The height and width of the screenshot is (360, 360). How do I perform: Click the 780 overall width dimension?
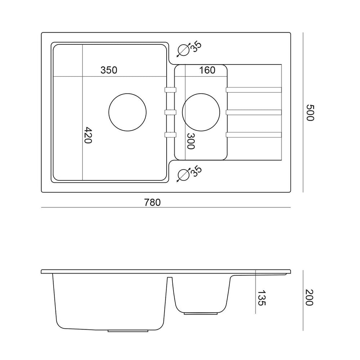point(152,202)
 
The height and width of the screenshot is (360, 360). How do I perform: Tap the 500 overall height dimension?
point(310,112)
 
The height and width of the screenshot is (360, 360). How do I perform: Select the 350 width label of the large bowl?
point(109,70)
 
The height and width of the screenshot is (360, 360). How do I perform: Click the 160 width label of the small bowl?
point(207,70)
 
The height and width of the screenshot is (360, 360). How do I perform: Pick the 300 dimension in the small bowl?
point(190,141)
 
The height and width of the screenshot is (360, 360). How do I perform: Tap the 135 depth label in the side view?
point(261,298)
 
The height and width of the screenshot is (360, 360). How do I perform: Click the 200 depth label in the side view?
point(310,298)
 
